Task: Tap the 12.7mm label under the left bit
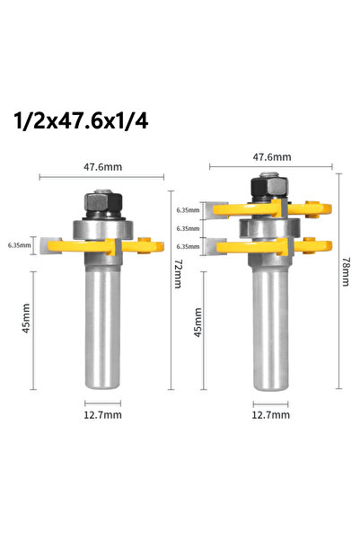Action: tap(102, 416)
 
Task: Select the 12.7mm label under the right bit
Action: tap(271, 416)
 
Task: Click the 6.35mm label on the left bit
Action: tap(19, 243)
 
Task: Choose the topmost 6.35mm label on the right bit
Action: tap(189, 210)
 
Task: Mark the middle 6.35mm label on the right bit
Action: tap(189, 228)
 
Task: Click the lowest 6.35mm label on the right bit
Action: tap(189, 245)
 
